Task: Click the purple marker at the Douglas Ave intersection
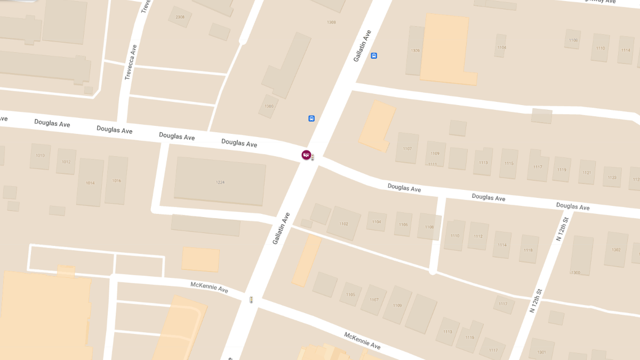(306, 155)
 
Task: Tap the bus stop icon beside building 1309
(374, 55)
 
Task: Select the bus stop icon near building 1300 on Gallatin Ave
(311, 118)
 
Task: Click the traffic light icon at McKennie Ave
(251, 300)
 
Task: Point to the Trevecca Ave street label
(131, 62)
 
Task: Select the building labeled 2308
(180, 17)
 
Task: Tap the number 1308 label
(331, 22)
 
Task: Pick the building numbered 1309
(415, 50)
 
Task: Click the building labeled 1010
(40, 156)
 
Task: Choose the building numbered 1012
(66, 162)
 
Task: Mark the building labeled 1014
(90, 183)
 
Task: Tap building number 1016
(116, 180)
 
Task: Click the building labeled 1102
(343, 223)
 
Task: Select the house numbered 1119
(562, 170)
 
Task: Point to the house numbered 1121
(587, 172)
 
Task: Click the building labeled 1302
(616, 249)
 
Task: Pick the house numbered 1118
(528, 250)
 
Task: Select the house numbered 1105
(350, 294)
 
